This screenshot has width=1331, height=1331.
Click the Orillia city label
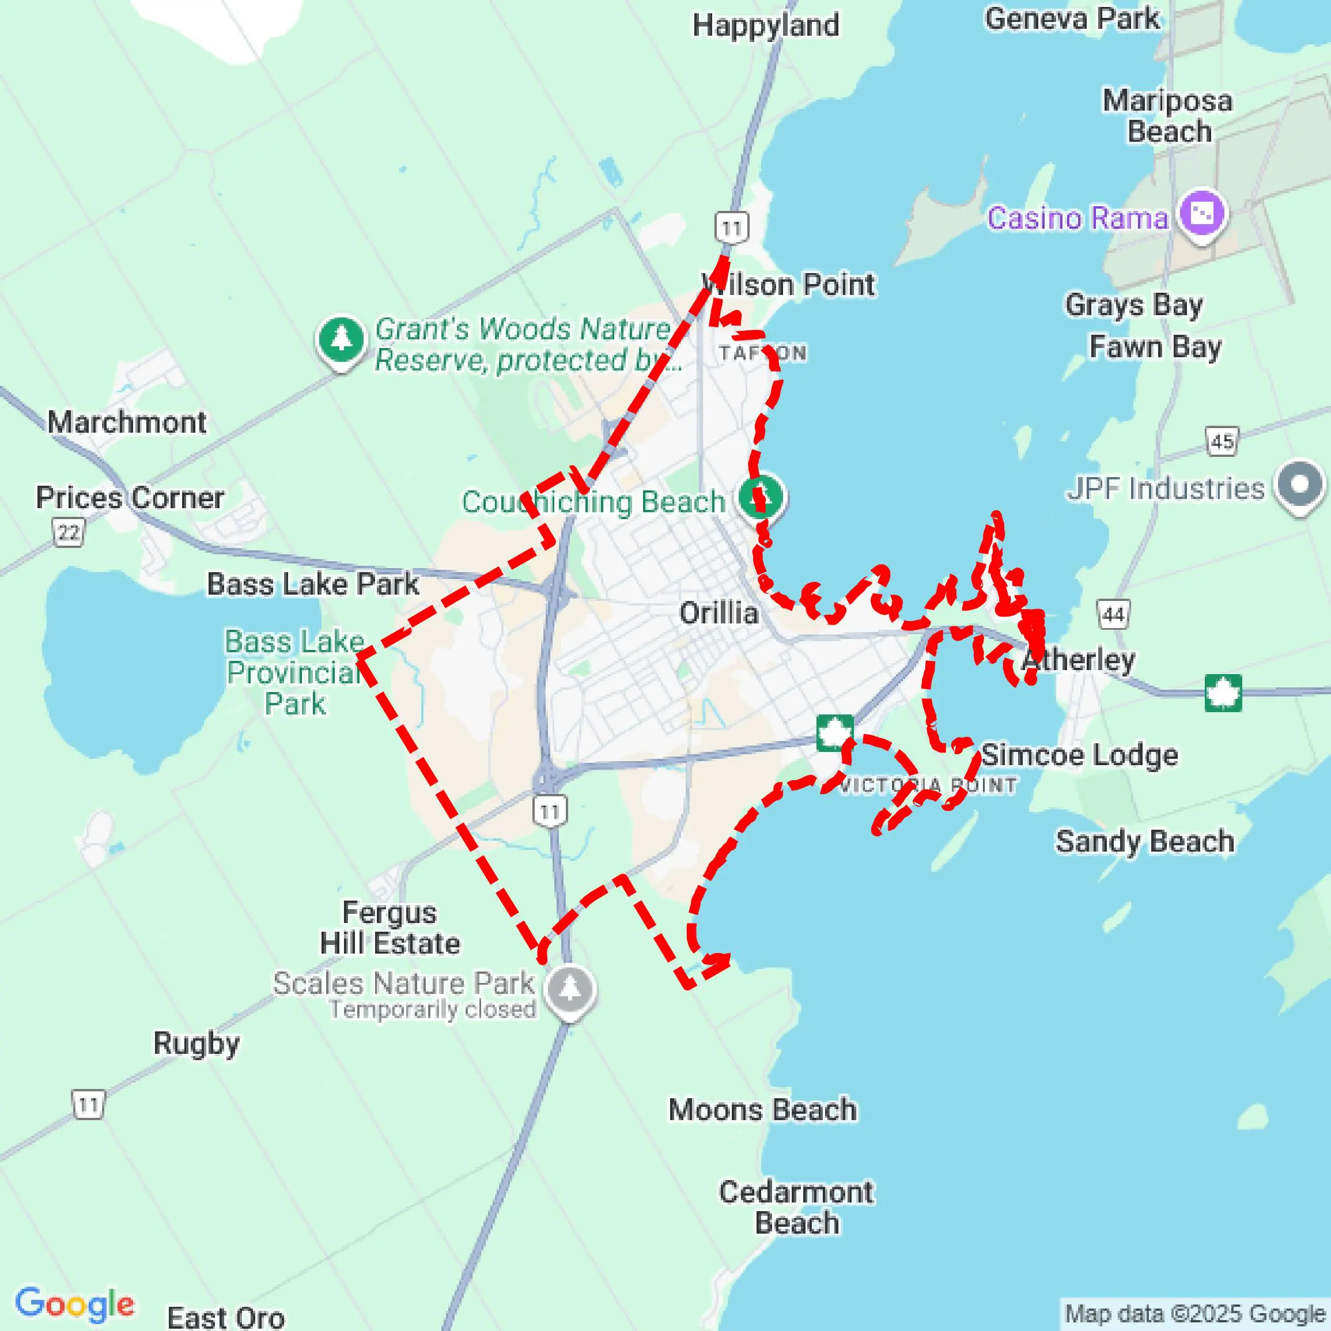coord(719,612)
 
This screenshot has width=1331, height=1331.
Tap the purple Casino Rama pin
coord(1202,214)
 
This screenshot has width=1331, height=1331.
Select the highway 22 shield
coord(68,532)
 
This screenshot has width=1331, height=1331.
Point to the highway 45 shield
coord(1222,441)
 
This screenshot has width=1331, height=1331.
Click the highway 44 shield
coord(1113,614)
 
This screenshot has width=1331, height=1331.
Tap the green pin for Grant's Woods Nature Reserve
coord(341,339)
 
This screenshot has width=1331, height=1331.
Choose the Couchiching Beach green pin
coord(761,496)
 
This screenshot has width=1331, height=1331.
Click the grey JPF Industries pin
coord(1299,485)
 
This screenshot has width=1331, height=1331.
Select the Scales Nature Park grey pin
coord(570,989)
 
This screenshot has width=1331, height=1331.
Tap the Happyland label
coord(765,25)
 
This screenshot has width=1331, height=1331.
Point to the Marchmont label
coord(127,422)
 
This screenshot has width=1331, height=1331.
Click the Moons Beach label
coord(763,1109)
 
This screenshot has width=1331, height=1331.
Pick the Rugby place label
coord(196,1043)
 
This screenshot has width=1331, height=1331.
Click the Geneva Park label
coord(1072,18)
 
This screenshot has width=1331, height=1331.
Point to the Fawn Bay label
coord(1155,346)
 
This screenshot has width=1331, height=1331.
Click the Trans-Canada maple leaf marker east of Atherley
coord(1223,693)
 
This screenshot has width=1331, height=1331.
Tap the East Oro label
coord(226,1317)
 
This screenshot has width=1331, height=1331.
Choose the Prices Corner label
coord(130,497)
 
